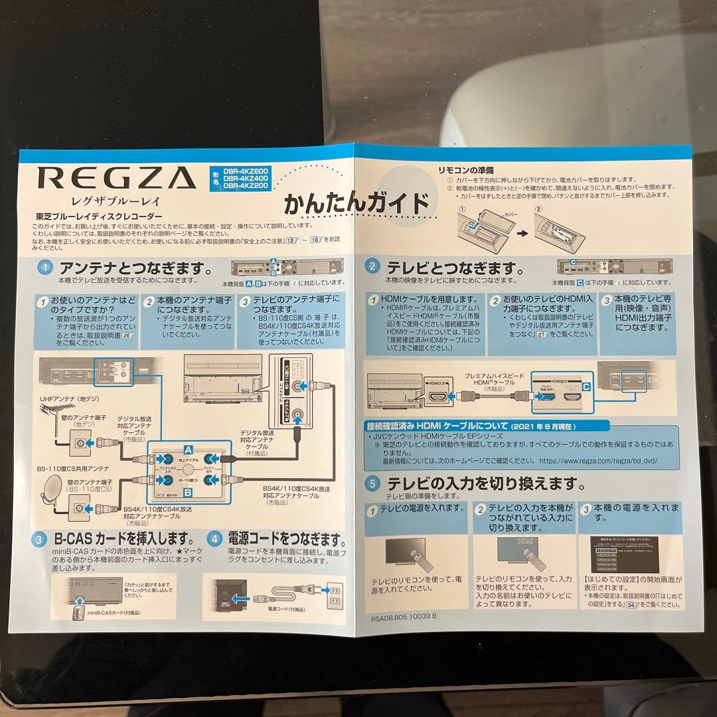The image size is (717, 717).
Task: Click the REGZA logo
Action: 116,178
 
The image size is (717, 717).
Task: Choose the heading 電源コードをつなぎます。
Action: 286,537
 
